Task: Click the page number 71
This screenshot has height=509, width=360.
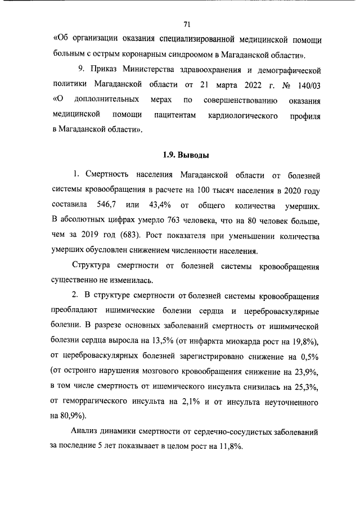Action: [187, 24]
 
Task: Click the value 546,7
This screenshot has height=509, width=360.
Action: [119, 203]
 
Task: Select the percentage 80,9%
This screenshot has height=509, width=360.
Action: [71, 417]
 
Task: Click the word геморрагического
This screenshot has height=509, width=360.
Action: [102, 403]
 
